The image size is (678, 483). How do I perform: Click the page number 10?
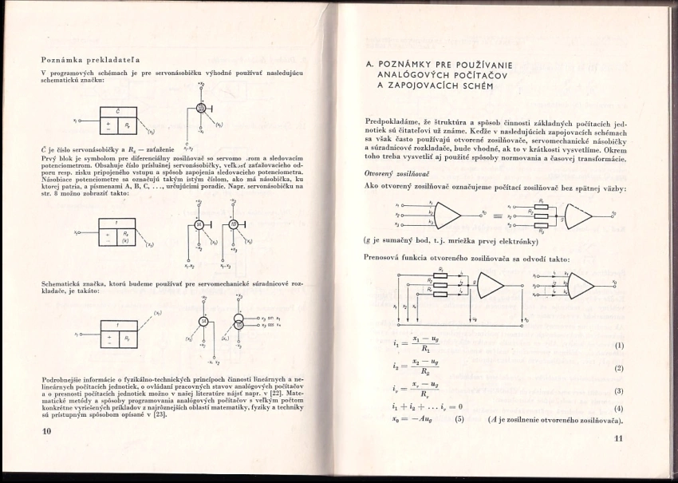tap(46, 430)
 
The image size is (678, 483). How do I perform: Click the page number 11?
tap(617, 438)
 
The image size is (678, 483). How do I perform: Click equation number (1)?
tap(618, 346)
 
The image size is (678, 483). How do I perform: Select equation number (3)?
tap(618, 391)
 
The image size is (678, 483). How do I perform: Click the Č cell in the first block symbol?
tap(117, 110)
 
